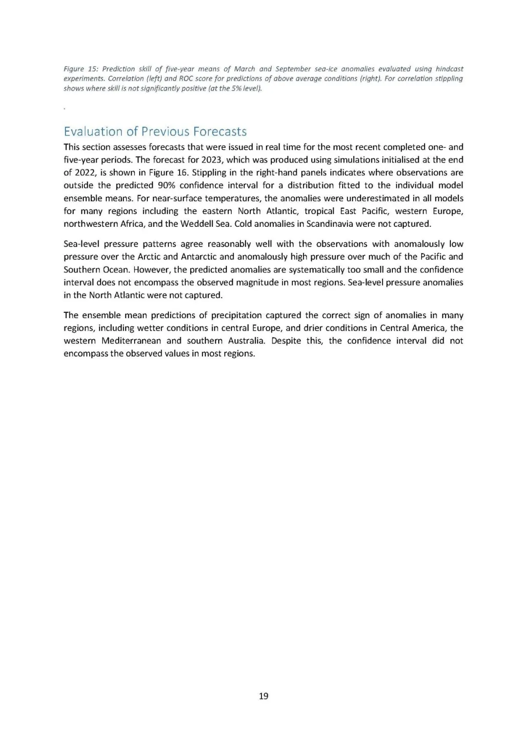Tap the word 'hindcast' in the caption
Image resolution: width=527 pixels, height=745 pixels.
[449, 69]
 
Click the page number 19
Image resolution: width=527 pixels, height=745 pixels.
[263, 696]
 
